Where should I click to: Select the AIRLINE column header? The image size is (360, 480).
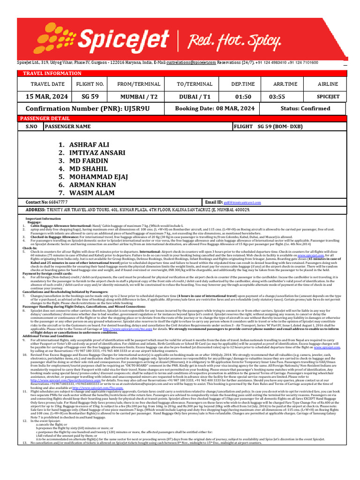pyautogui.click(x=328, y=84)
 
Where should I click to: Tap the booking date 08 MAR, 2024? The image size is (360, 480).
pyautogui.click(x=215, y=108)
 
